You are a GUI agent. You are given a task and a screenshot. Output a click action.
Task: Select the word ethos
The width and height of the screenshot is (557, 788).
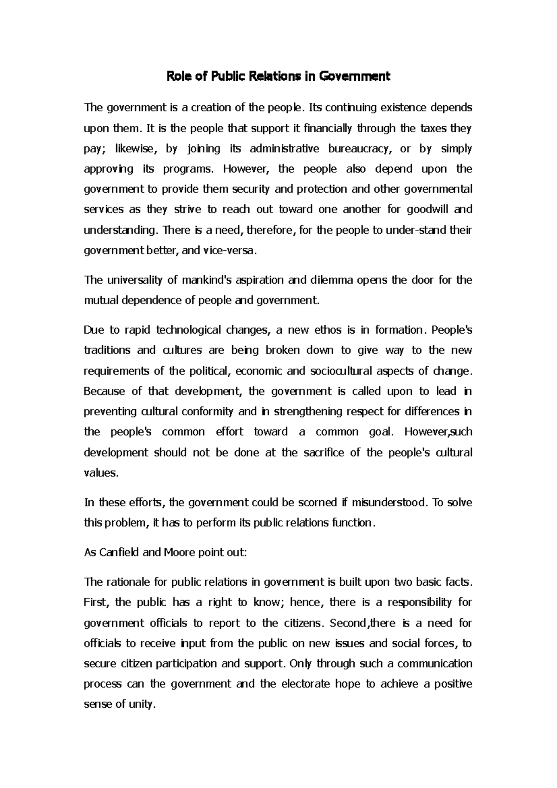327,330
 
